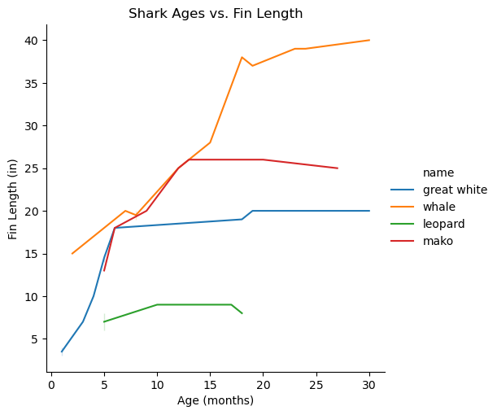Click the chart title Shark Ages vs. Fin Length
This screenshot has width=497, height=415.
(x=216, y=13)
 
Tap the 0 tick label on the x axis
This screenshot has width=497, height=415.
(x=51, y=385)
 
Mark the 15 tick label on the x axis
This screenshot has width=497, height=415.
(x=210, y=385)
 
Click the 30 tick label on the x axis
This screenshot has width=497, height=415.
(x=369, y=385)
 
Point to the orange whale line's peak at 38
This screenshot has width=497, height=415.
(x=242, y=57)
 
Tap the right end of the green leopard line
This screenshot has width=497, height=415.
(x=242, y=313)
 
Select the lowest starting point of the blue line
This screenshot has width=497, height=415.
(x=62, y=352)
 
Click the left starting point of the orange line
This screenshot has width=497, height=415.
(x=72, y=254)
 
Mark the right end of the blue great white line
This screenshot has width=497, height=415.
(x=369, y=211)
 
